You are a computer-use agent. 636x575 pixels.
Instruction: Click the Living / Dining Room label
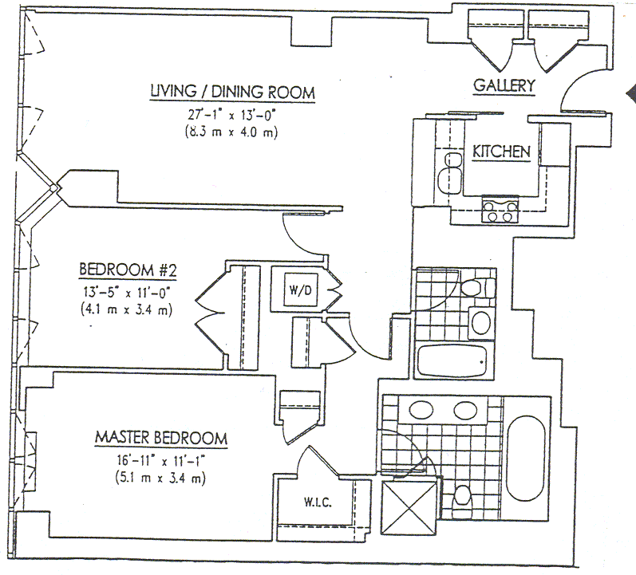pos(232,93)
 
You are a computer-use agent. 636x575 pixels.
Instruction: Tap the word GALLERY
pos(504,85)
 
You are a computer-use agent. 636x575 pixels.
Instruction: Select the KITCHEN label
pos(502,152)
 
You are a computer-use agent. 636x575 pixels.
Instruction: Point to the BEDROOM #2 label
pos(127,270)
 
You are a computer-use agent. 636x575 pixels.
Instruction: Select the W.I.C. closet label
pos(317,503)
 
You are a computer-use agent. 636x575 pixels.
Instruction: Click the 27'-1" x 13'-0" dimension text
pos(232,114)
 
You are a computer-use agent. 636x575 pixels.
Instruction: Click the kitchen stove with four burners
pos(498,212)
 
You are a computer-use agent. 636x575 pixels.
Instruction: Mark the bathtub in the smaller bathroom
pos(452,363)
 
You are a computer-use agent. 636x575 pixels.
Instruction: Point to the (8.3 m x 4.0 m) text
pos(232,132)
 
